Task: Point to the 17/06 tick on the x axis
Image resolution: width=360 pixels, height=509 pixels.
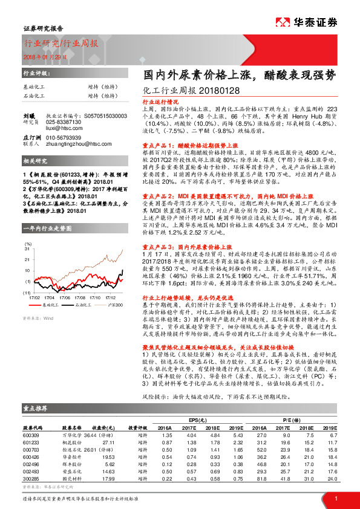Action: coord(65,297)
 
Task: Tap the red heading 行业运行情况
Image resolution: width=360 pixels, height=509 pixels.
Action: coord(155,102)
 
